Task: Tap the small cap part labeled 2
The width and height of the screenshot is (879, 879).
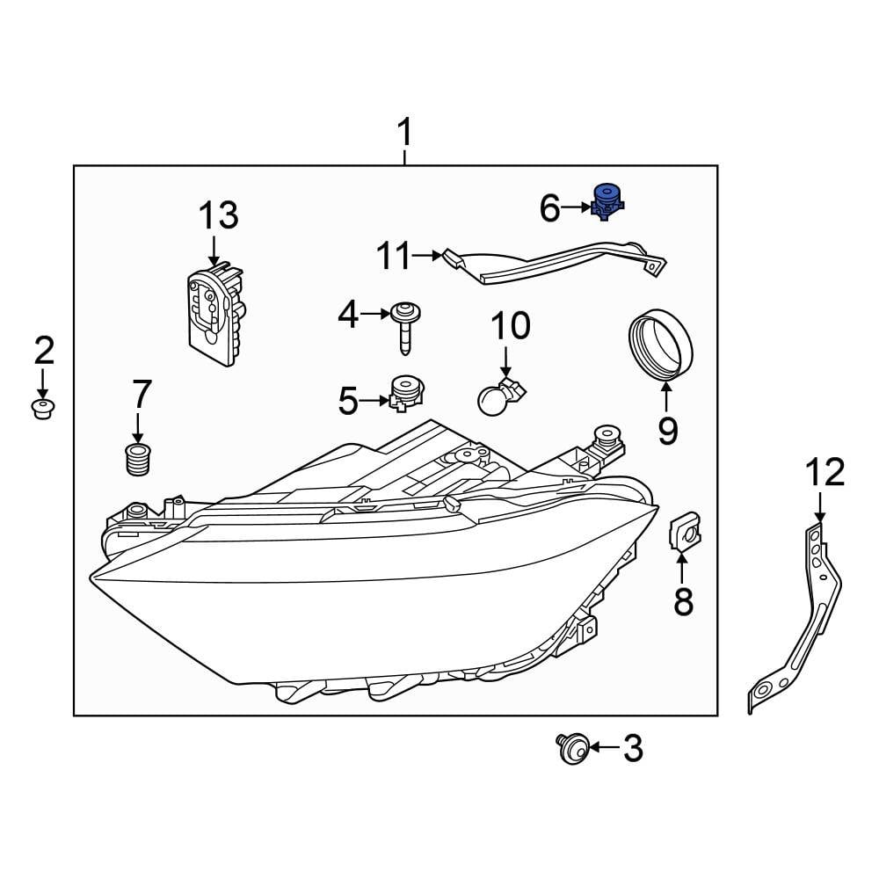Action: pos(42,409)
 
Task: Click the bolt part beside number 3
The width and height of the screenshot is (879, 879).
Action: pos(570,749)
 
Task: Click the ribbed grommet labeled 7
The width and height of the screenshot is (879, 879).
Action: pos(136,460)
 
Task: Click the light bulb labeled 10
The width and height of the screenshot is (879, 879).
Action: pos(498,397)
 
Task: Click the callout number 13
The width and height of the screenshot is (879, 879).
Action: pos(217,215)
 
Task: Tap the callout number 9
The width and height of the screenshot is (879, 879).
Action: pos(666,430)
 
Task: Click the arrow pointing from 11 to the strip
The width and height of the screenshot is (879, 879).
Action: pos(428,257)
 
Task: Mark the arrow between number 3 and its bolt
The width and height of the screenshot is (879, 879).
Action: pos(604,748)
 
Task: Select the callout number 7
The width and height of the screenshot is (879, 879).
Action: pos(141,396)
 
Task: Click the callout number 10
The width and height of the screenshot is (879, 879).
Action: pos(510,326)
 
